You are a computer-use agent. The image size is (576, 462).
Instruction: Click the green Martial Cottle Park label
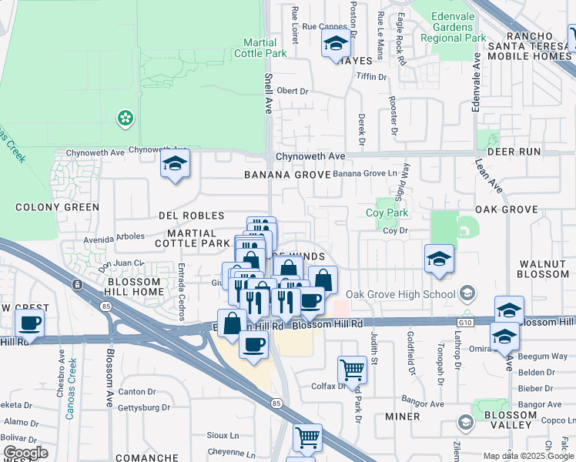[265, 48]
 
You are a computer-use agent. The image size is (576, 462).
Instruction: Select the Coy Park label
[387, 213]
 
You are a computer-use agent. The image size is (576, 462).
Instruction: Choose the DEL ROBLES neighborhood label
[191, 216]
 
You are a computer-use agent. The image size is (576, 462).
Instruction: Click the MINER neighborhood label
[403, 417]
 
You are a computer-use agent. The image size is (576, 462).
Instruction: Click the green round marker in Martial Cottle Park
[124, 118]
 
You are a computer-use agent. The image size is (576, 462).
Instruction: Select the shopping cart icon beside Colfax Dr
[352, 370]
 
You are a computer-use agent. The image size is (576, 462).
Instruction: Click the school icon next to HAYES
[336, 44]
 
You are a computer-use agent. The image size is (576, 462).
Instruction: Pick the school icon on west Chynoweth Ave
[176, 165]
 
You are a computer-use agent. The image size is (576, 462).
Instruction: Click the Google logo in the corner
[25, 453]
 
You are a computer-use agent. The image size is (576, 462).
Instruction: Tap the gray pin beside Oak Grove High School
[467, 293]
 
